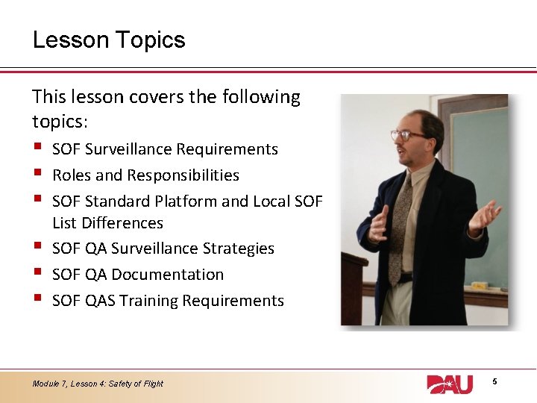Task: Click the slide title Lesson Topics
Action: [x=109, y=40]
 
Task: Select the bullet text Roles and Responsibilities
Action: [x=145, y=175]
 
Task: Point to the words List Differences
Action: [x=107, y=223]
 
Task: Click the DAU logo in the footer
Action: [x=450, y=384]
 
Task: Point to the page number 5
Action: [x=494, y=382]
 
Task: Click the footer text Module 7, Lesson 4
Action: [x=98, y=384]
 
